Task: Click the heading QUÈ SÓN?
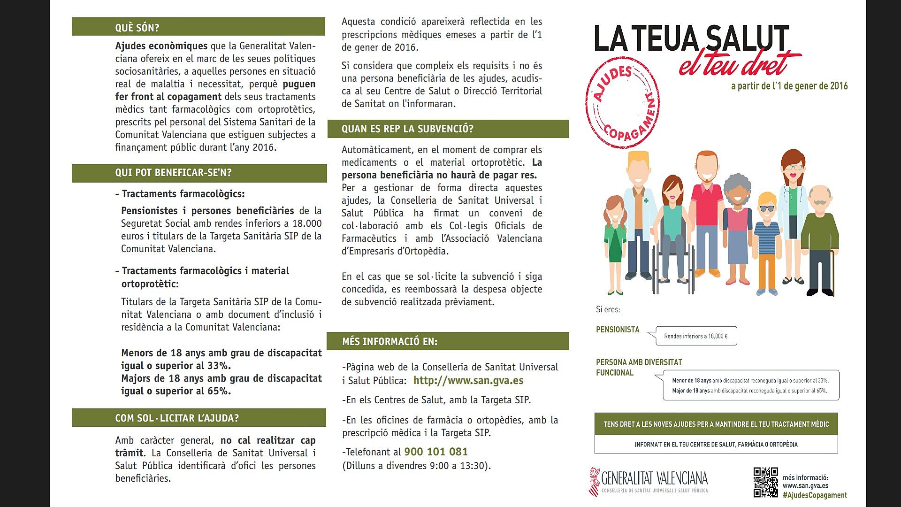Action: click(137, 28)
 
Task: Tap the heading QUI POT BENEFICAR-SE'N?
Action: click(173, 173)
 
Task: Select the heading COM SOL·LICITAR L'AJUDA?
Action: click(177, 418)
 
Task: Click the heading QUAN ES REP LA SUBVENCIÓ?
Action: click(407, 129)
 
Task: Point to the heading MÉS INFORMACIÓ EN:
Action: click(389, 341)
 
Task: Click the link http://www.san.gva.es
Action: click(468, 380)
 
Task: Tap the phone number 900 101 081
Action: click(436, 452)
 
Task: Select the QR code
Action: click(765, 482)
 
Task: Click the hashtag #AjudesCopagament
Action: click(815, 495)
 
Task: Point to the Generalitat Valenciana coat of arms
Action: click(595, 481)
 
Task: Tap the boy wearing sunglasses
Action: click(767, 239)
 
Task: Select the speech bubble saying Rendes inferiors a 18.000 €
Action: click(696, 336)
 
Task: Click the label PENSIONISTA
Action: click(618, 330)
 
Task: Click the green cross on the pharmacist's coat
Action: click(646, 201)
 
